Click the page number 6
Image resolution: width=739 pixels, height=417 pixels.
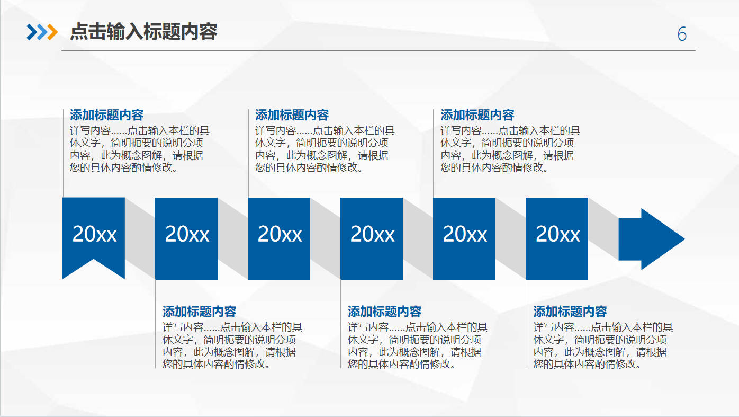[x=682, y=34]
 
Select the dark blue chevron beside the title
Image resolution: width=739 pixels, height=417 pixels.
[x=32, y=32]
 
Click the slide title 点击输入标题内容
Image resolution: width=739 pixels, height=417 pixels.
[x=143, y=32]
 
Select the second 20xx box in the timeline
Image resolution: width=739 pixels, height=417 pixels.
[x=186, y=238]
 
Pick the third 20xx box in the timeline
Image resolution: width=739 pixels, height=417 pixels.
[x=279, y=238]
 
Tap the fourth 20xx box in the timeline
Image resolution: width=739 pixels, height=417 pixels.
[x=372, y=238]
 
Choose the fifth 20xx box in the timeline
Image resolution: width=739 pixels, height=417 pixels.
[x=464, y=238]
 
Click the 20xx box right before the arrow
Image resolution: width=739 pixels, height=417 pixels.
[x=557, y=238]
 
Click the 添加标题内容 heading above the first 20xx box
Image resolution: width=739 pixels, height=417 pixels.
[x=106, y=115]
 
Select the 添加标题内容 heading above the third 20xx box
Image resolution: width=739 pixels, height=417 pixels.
[x=292, y=115]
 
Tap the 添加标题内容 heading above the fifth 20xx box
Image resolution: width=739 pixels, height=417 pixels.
[x=477, y=115]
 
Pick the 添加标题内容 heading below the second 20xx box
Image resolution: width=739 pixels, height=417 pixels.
[x=199, y=312]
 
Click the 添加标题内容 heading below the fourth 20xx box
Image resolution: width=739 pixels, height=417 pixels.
[x=385, y=312]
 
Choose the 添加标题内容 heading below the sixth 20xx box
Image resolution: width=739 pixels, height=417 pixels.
[x=570, y=312]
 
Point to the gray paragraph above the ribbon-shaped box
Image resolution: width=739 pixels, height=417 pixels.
[x=140, y=149]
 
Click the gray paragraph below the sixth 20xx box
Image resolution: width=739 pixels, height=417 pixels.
[x=603, y=345]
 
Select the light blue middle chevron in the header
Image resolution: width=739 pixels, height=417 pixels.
[x=42, y=32]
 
